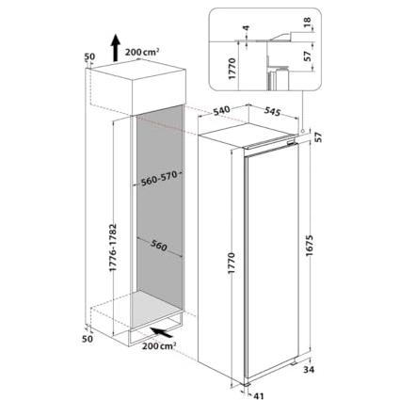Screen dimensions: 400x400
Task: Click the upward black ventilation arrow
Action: (116, 48)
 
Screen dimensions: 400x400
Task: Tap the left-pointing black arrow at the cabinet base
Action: (162, 332)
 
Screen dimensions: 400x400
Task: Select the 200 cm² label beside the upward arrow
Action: (142, 52)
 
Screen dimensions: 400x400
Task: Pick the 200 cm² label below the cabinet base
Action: (159, 346)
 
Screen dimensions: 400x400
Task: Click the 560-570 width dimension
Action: (159, 179)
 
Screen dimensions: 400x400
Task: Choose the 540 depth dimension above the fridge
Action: (221, 111)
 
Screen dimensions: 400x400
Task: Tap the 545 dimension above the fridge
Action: (272, 111)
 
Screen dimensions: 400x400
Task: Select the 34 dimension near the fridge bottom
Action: (309, 370)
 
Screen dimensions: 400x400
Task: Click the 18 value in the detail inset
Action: (308, 22)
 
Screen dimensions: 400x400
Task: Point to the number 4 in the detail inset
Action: (247, 28)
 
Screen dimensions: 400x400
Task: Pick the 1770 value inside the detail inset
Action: (232, 69)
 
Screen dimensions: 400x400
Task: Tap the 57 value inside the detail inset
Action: (308, 56)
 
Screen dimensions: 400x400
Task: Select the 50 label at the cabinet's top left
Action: (89, 56)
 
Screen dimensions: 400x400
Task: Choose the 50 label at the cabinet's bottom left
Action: (89, 339)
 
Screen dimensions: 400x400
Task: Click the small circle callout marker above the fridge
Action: (302, 131)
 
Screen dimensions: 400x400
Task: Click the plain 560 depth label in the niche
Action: (159, 246)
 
